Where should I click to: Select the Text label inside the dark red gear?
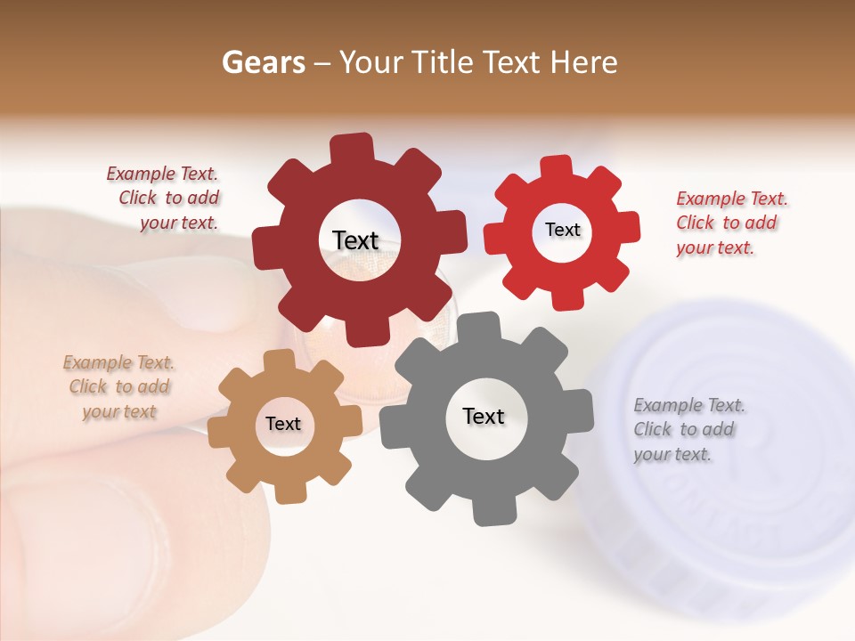pos(355,240)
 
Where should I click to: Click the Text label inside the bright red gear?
pos(562,230)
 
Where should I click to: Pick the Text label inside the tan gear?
pos(283,424)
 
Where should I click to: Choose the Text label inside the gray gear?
pos(484,416)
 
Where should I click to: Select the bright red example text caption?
pos(730,223)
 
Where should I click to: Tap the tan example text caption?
pos(119,387)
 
